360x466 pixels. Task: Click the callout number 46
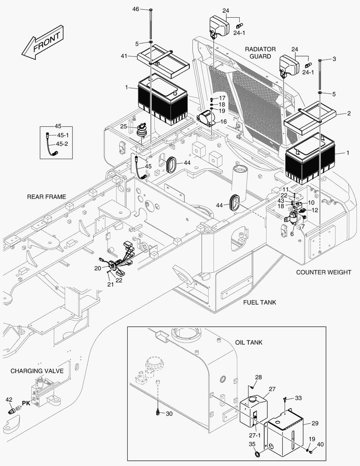coord(136,9)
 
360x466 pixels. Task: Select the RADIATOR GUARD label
coord(261,53)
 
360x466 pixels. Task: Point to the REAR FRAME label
coord(47,197)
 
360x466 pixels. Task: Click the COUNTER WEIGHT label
coord(323,272)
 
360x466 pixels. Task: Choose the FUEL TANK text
coord(260,302)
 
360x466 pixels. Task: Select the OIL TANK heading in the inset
coord(249,342)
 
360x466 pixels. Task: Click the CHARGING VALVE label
coord(37,371)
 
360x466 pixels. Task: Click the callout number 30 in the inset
coord(169,414)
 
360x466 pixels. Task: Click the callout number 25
coord(123,126)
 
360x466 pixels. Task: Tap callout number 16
coord(223,122)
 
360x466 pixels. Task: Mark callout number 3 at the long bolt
coord(334,59)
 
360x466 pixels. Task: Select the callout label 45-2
coord(63,144)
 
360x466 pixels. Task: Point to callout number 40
coord(319,445)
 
